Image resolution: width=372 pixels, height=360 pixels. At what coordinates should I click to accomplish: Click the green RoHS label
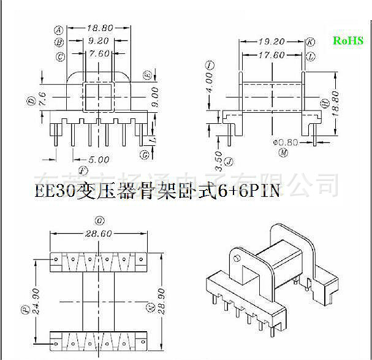pyautogui.click(x=347, y=40)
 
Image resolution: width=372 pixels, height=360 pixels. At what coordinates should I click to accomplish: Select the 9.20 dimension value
pyautogui.click(x=98, y=41)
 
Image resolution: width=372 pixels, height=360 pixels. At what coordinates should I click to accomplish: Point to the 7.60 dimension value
pyautogui.click(x=99, y=53)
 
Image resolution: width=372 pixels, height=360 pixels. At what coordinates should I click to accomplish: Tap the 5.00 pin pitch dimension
pyautogui.click(x=97, y=159)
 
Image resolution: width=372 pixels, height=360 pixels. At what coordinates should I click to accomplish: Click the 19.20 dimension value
pyautogui.click(x=272, y=42)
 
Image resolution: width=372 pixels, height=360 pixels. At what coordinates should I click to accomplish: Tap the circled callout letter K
pyautogui.click(x=311, y=42)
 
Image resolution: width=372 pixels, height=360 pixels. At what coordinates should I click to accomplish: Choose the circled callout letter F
pyautogui.click(x=82, y=169)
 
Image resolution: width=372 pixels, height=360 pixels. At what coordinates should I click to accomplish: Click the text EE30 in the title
pyautogui.click(x=54, y=191)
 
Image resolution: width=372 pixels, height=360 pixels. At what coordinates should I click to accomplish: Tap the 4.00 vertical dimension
pyautogui.click(x=210, y=80)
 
